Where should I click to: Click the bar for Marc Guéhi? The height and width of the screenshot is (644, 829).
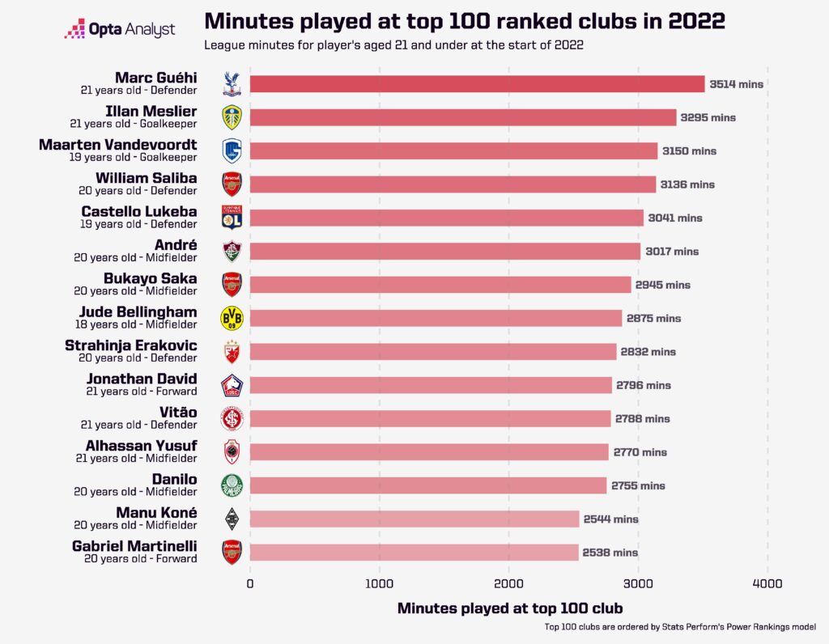(x=478, y=84)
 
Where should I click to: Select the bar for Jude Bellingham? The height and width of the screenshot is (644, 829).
(x=436, y=318)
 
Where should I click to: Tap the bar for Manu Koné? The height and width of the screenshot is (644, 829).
(x=414, y=519)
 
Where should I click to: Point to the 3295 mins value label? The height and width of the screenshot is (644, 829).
(x=708, y=118)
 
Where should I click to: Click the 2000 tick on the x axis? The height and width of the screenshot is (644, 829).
(x=509, y=583)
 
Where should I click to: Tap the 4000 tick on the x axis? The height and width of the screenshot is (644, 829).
(x=767, y=583)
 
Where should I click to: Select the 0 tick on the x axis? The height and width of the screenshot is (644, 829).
(x=250, y=583)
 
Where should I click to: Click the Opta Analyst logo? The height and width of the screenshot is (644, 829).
(x=121, y=30)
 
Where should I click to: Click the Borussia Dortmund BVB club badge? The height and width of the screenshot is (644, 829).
(x=232, y=318)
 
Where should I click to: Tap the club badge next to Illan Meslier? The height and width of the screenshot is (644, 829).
(x=232, y=118)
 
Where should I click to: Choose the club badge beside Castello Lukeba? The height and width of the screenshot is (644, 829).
(x=232, y=218)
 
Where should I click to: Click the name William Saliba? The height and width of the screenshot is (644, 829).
(x=146, y=178)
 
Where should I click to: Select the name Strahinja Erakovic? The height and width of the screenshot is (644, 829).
(x=131, y=345)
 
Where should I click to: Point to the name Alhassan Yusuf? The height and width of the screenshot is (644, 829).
(x=141, y=446)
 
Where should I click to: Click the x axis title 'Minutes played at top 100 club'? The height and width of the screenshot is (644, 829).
(x=510, y=608)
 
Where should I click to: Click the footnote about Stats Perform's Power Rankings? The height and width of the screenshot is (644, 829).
(x=680, y=627)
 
